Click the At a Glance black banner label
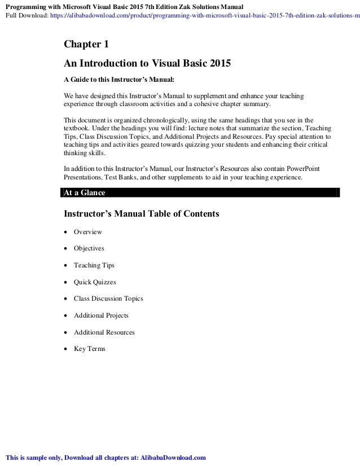pos(84,192)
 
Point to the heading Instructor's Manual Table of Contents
pos(141,214)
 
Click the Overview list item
pos(88,231)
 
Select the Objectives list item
pos(89,248)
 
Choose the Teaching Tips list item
pos(94,265)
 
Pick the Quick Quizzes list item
pos(95,282)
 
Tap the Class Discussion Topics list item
pos(108,298)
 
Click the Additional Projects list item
pos(101,315)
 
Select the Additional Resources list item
pos(104,332)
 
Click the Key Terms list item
pos(90,349)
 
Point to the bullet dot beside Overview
pos(67,232)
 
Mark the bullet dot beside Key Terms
pos(67,349)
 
